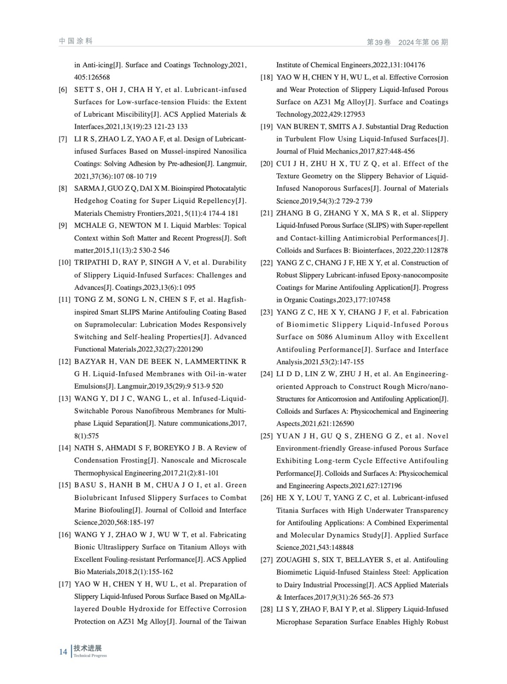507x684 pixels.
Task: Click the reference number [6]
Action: (63, 90)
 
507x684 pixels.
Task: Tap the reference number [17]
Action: (64, 584)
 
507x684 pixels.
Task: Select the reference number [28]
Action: (267, 609)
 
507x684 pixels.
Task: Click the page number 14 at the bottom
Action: (63, 652)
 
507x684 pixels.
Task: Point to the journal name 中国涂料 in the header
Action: (76, 41)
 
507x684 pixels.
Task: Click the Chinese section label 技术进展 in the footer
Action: (88, 649)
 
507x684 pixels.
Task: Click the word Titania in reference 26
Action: (287, 510)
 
